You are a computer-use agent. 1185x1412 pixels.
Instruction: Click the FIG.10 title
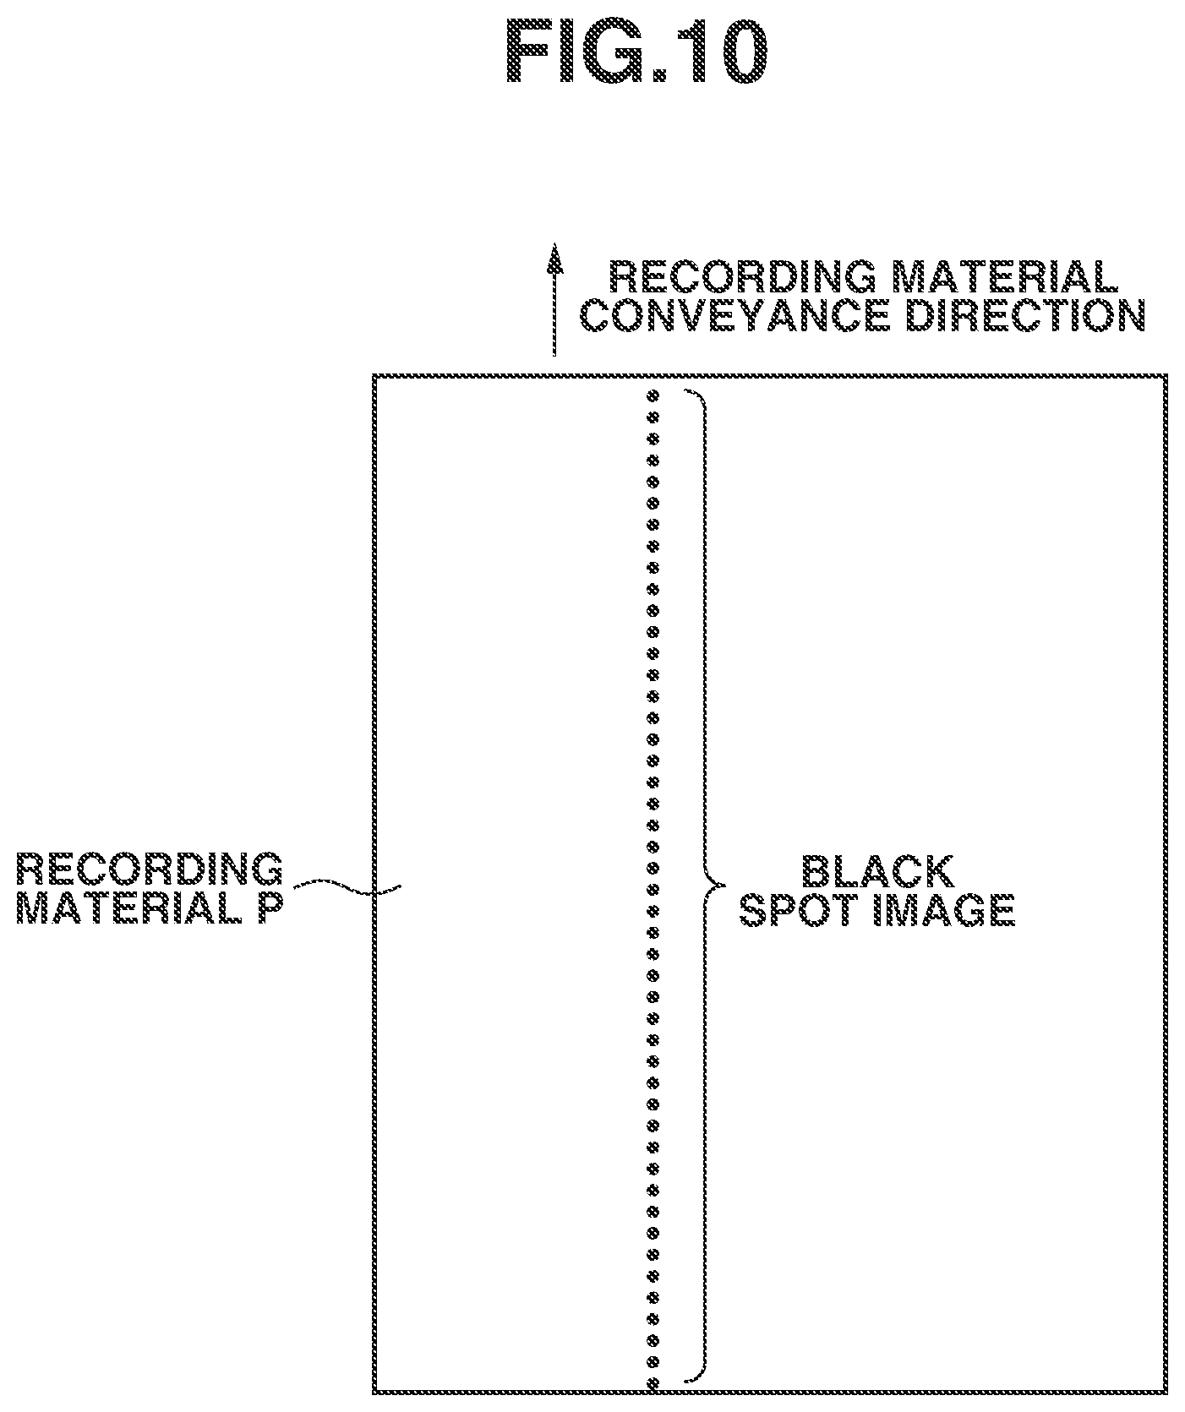(636, 52)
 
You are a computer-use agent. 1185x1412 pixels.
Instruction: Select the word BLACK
(877, 872)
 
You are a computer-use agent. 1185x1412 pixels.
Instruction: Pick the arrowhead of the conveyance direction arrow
(554, 258)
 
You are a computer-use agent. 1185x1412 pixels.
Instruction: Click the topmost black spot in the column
(652, 395)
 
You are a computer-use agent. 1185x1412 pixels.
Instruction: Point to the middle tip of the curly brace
(724, 886)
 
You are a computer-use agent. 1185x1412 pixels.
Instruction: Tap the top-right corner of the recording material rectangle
(1166, 376)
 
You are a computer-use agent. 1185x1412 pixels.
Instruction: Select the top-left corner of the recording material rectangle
(374, 376)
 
